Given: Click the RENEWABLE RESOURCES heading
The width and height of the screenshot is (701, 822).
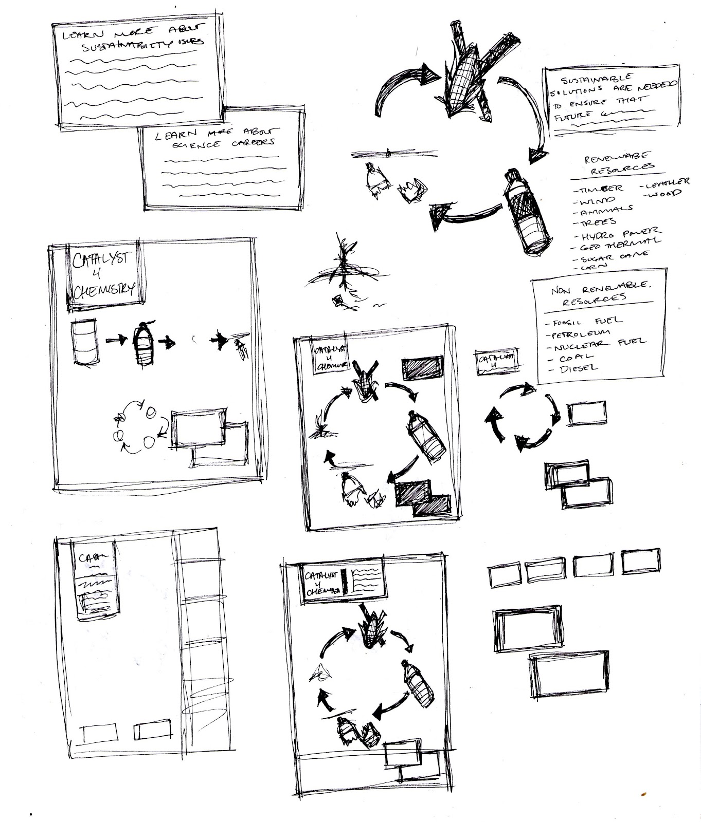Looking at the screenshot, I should coord(619,161).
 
